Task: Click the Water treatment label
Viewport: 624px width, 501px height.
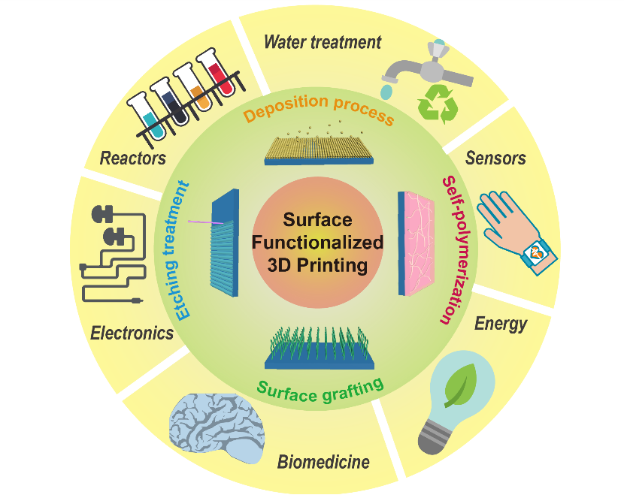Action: (323, 41)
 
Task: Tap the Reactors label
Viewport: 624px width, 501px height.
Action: (133, 158)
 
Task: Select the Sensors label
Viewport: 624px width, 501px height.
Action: (495, 158)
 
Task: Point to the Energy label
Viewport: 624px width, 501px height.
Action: (501, 324)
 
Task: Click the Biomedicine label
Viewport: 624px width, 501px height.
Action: (323, 461)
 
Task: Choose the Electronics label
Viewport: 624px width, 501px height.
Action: (132, 332)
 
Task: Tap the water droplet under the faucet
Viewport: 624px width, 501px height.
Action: (386, 91)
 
